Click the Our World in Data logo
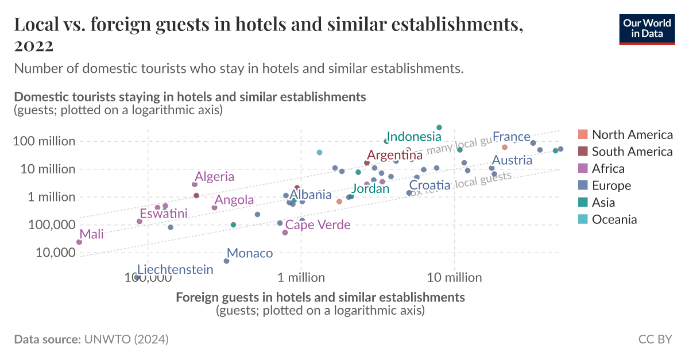[x=647, y=28]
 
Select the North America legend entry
[x=632, y=135]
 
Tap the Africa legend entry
[x=616, y=169]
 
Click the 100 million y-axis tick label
[x=45, y=141]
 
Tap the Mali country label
[x=92, y=234]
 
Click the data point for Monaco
[x=226, y=261]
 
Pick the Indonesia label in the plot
[x=413, y=137]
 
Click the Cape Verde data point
[x=285, y=233]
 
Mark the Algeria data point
[x=195, y=184]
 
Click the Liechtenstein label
[x=175, y=270]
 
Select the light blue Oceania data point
[x=319, y=152]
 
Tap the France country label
[x=511, y=137]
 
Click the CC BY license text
[x=655, y=339]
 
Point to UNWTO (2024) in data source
[x=126, y=339]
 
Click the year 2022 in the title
[x=34, y=46]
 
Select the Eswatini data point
[x=140, y=221]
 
